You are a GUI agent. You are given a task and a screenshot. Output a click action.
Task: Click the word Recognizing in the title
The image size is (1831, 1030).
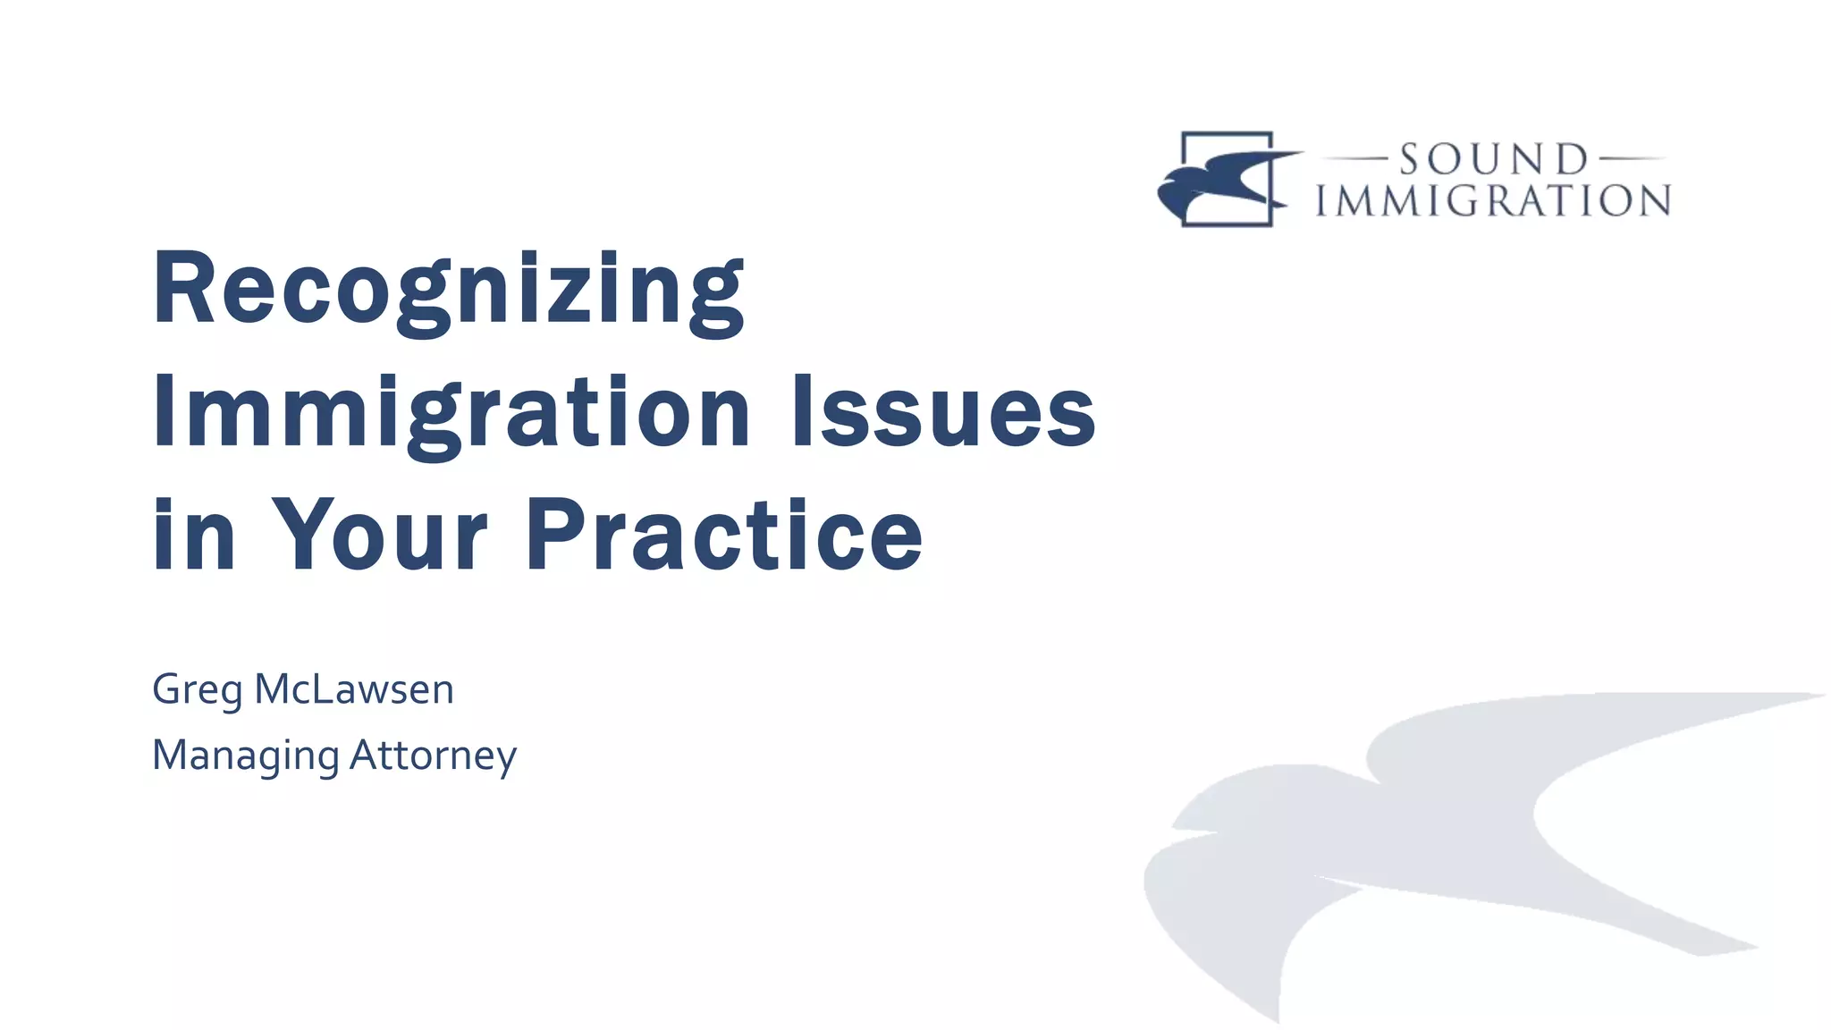(447, 291)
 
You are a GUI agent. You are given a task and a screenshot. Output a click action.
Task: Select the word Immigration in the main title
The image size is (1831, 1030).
(451, 413)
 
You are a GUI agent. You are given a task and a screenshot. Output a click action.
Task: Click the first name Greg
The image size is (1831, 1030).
(197, 690)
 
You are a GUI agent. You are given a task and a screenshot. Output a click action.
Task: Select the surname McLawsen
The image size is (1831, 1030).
(354, 689)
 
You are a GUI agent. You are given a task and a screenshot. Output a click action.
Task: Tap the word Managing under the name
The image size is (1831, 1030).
(245, 756)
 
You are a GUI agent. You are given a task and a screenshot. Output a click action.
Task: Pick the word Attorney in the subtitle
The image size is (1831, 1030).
(433, 756)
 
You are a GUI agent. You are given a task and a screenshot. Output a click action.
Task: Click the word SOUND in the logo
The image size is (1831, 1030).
(1493, 160)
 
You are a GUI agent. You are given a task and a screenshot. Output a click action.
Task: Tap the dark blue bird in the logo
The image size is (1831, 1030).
(1220, 183)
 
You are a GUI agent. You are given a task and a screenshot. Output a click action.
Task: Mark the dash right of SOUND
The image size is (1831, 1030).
(1631, 159)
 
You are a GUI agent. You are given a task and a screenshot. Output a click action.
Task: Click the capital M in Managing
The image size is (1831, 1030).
(172, 755)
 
